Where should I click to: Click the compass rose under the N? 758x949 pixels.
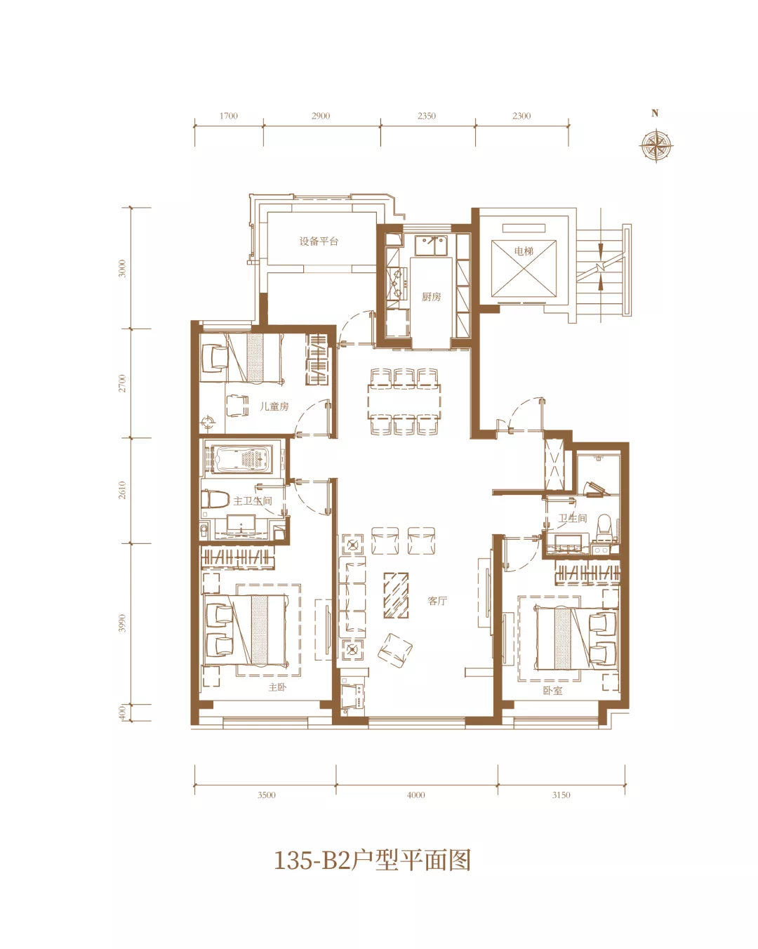[x=656, y=145]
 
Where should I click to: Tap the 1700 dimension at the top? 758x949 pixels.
[x=228, y=116]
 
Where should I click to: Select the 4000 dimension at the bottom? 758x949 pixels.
[x=415, y=795]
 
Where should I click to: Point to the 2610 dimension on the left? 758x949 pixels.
[x=122, y=491]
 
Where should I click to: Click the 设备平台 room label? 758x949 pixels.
[x=319, y=241]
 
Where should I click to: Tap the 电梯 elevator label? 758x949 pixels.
[x=524, y=251]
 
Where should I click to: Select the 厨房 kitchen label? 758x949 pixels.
[x=431, y=297]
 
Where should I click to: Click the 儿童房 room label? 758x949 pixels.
[x=274, y=406]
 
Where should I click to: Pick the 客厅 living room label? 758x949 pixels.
[x=437, y=601]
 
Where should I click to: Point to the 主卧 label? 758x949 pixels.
[x=277, y=687]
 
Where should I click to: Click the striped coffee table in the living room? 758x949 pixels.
[x=396, y=595]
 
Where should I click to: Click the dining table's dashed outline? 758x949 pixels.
[x=404, y=401]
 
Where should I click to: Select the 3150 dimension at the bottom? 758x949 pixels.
[x=561, y=795]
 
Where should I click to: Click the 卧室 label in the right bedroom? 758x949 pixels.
[x=552, y=691]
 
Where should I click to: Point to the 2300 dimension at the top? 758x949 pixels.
[x=521, y=116]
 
